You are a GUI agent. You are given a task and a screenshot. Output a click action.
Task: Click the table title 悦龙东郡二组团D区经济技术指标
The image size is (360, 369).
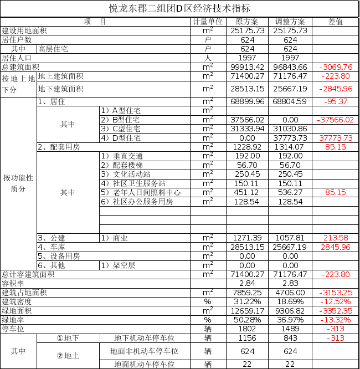[179, 8]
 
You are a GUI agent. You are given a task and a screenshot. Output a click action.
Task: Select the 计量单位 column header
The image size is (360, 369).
[208, 22]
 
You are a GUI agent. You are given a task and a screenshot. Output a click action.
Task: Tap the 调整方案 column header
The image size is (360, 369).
[290, 22]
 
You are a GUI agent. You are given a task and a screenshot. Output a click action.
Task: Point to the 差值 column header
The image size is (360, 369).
[336, 22]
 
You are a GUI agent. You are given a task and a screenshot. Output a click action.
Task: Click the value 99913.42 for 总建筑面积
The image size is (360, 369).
[248, 67]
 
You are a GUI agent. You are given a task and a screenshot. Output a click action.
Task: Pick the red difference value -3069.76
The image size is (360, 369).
[336, 67]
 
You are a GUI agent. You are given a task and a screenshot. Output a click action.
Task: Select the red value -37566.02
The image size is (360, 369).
[335, 120]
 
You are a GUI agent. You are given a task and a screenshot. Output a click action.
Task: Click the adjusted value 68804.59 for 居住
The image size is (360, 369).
[290, 101]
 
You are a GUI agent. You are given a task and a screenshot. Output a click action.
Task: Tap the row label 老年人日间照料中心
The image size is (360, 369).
[147, 192]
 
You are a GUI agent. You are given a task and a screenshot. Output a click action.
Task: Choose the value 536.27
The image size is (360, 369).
[290, 192]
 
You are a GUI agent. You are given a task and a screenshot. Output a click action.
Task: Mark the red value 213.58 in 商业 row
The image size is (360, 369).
[336, 238]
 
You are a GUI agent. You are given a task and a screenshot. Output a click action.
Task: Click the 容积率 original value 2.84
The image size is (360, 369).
[248, 283]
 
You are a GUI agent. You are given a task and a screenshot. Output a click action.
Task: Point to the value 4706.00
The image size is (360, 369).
[290, 293]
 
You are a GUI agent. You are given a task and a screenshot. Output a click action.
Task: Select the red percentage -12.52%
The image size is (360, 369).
[336, 301]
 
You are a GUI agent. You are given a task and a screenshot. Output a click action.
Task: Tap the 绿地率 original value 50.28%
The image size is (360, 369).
[248, 320]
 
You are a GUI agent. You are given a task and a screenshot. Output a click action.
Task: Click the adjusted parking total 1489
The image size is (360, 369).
[290, 329]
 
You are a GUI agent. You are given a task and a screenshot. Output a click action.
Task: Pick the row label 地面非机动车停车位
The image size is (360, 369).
[144, 351]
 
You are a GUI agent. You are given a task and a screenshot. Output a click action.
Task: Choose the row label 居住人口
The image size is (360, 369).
[17, 58]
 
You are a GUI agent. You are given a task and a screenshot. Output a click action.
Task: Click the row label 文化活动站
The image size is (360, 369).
[131, 175]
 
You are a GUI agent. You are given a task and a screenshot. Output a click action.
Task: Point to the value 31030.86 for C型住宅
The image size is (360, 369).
[290, 129]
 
